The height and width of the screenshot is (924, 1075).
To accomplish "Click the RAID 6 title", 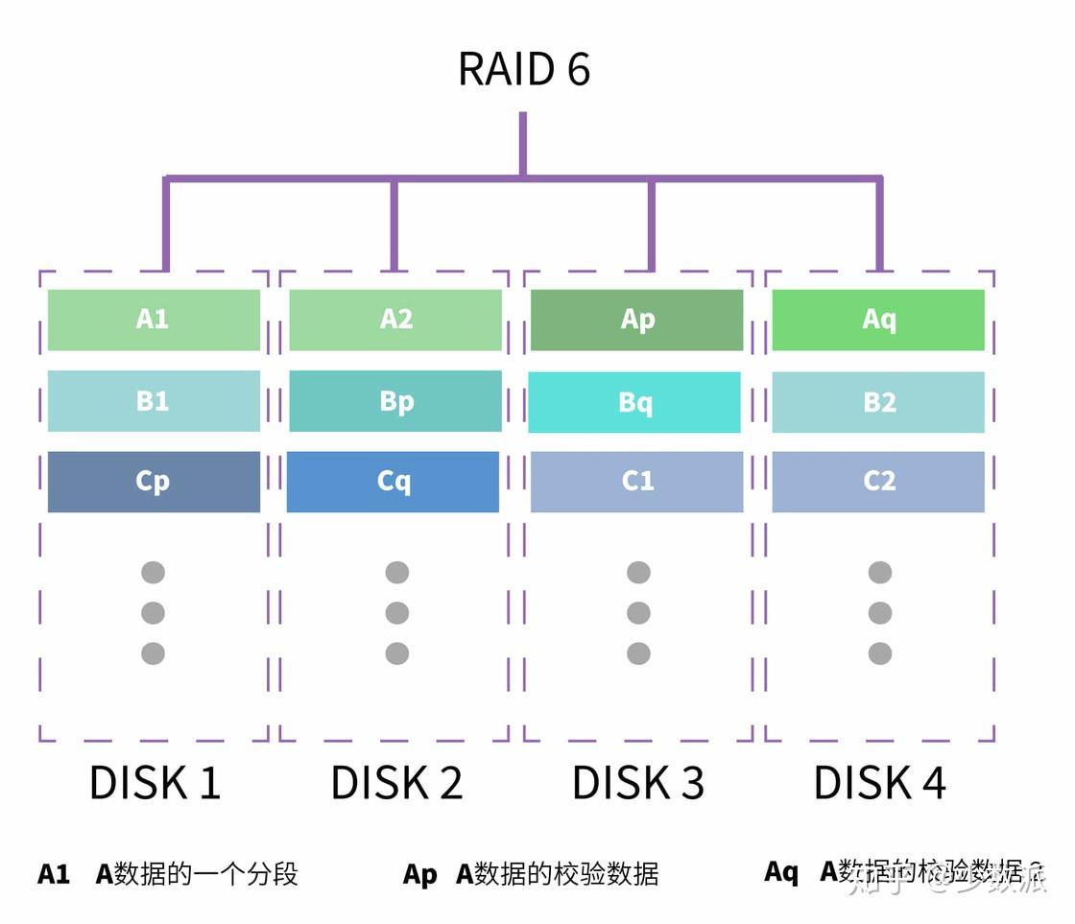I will click(523, 69).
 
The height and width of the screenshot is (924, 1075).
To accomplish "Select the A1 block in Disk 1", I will click(154, 320).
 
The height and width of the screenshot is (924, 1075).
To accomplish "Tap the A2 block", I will click(395, 320).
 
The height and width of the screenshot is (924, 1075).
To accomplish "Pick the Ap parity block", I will click(637, 320).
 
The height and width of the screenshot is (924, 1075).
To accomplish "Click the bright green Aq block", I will click(878, 320).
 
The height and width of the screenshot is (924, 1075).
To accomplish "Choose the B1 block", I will click(154, 401).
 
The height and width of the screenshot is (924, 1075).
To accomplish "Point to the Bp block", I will click(395, 401).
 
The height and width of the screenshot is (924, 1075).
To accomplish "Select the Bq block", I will click(634, 402).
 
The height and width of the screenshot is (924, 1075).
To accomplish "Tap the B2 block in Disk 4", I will click(878, 402).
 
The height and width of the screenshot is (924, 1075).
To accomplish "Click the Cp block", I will click(154, 482).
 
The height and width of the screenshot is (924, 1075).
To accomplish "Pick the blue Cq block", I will click(393, 482).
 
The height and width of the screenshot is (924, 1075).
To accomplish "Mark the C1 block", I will click(637, 482).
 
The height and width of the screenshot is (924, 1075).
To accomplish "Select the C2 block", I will click(878, 482).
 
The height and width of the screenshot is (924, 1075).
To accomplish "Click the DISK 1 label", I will click(155, 783).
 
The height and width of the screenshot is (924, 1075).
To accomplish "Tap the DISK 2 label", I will click(396, 783).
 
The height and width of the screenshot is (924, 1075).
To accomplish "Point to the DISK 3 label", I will click(638, 783).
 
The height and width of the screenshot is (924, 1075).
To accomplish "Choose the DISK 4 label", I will click(879, 783).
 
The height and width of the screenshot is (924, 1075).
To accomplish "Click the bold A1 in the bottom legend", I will click(54, 874).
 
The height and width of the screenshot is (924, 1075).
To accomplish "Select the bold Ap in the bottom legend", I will click(419, 874).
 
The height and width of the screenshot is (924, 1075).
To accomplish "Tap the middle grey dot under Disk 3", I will click(638, 613).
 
